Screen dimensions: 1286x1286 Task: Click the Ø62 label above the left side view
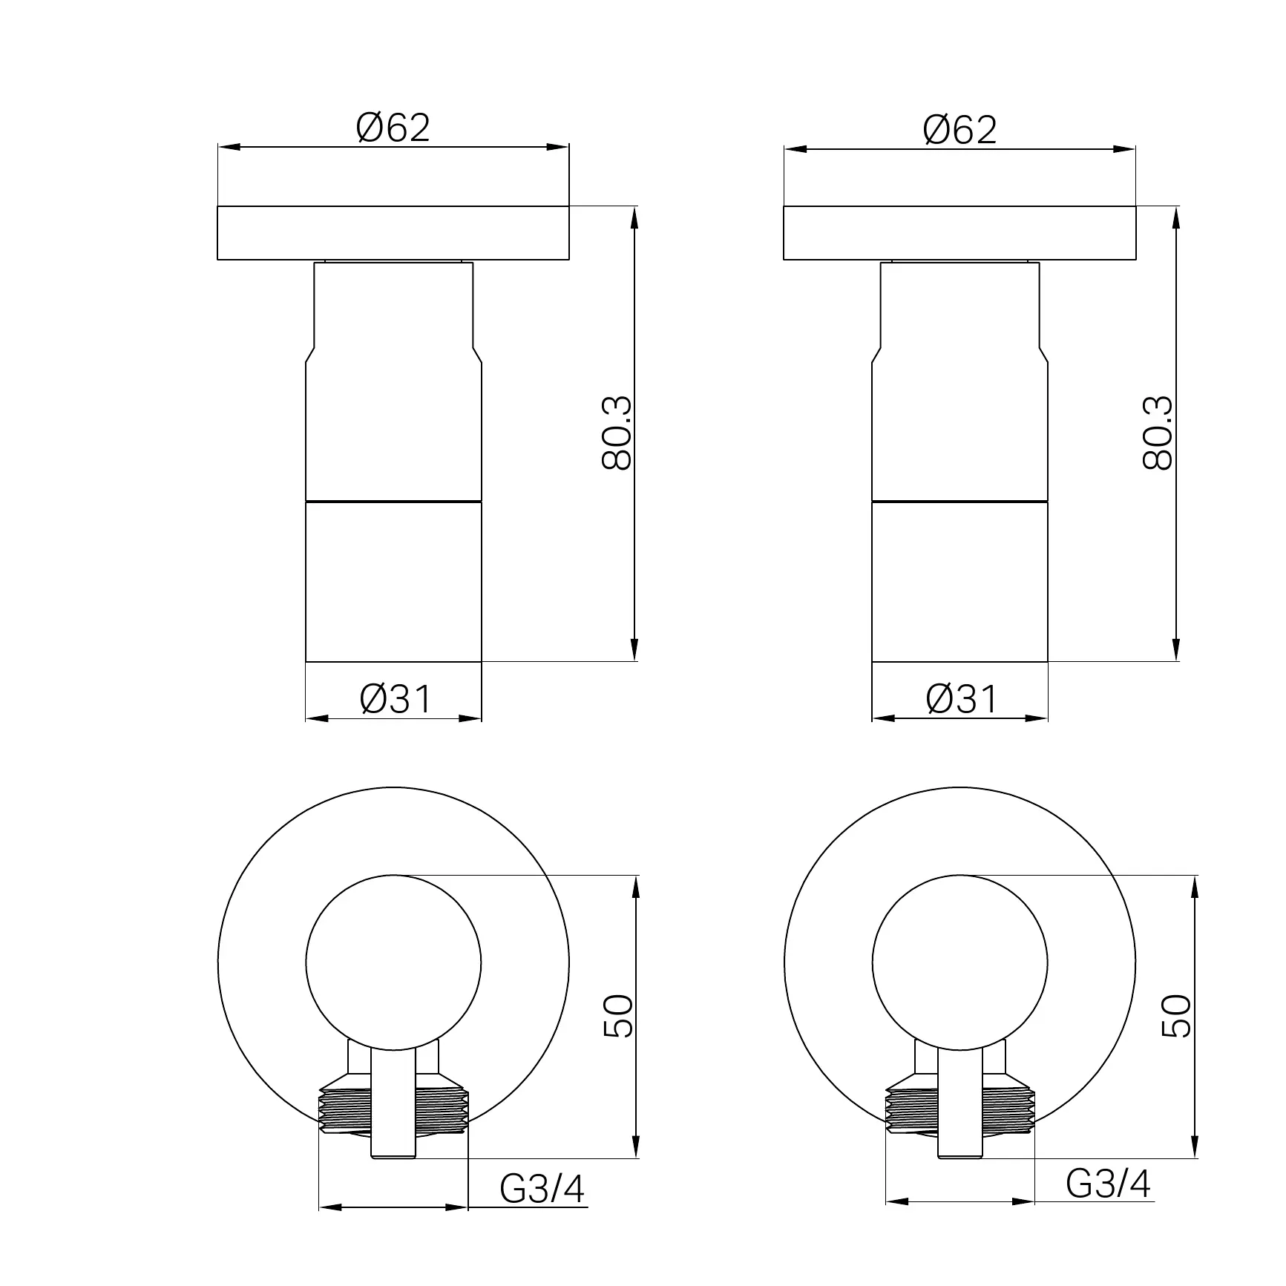click(393, 128)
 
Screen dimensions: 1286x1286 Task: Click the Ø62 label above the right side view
click(959, 131)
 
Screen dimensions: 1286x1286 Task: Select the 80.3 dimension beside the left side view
click(617, 433)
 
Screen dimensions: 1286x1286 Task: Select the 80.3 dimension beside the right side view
click(1158, 433)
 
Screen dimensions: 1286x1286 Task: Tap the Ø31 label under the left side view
click(395, 699)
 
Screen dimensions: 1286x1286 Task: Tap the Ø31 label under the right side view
click(962, 699)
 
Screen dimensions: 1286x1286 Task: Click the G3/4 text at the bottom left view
click(542, 1189)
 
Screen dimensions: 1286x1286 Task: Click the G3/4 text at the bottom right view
click(1109, 1184)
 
